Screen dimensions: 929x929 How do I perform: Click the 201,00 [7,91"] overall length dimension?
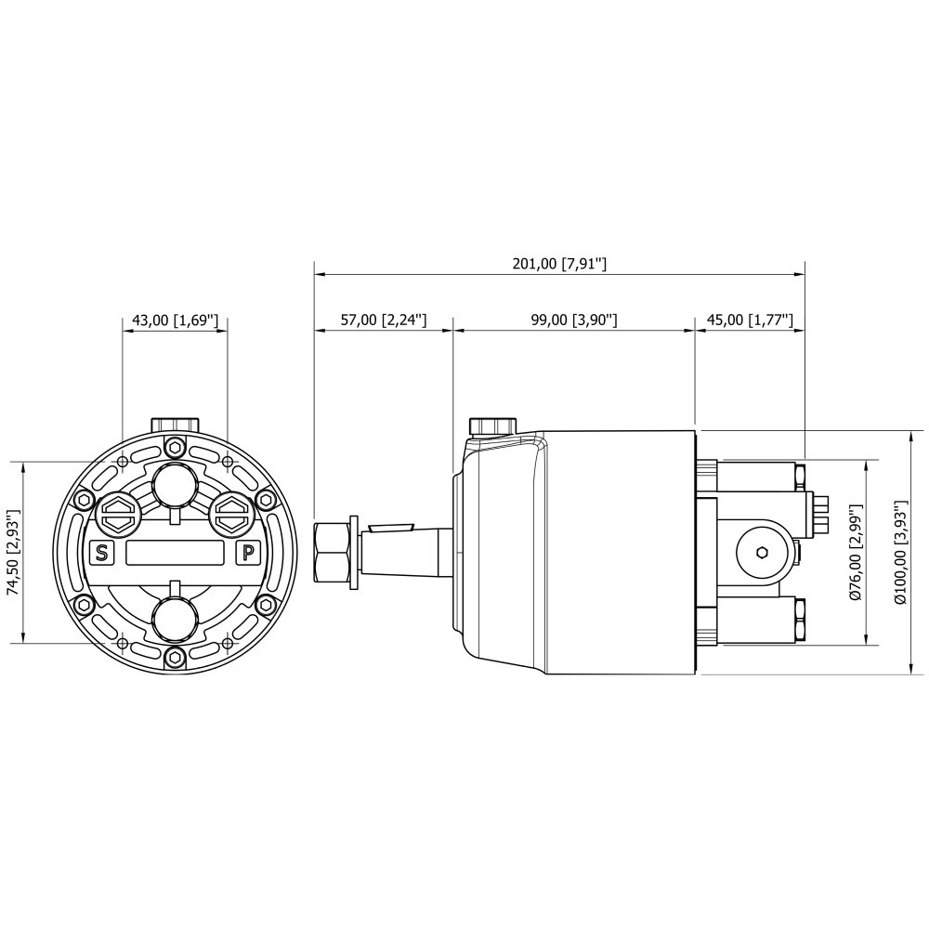tap(559, 264)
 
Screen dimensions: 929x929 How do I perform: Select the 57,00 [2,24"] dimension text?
tap(384, 320)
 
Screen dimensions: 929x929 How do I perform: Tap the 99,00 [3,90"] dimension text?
tap(574, 320)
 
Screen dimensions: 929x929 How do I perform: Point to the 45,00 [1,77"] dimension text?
tap(750, 320)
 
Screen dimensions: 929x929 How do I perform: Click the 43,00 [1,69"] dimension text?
tap(175, 321)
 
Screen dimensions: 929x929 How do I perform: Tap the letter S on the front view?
tap(102, 554)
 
